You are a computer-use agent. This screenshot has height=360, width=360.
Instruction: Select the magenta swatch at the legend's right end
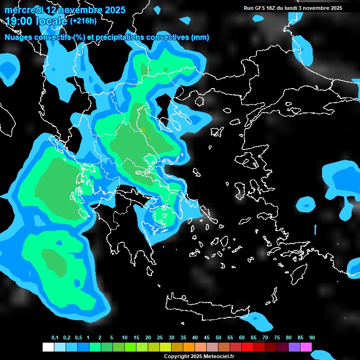point(306,347)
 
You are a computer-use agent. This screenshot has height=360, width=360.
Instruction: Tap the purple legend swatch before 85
point(294,347)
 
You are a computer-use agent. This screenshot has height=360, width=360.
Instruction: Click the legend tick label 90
point(312,338)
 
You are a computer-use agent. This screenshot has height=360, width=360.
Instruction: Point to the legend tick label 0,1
point(55,338)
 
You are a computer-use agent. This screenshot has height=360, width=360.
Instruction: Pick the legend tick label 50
point(218,338)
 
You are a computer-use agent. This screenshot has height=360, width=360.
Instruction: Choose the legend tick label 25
point(160,338)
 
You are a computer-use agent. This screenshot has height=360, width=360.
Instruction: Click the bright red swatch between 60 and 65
point(247,347)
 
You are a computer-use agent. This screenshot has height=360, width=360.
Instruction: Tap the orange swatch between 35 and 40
point(189,347)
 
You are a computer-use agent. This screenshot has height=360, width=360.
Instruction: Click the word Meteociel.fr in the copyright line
point(217,357)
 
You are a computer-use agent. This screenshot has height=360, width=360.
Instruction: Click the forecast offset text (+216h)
point(83,21)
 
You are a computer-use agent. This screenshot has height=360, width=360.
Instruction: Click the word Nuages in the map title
point(18,37)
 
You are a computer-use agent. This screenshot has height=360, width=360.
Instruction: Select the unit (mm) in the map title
point(200,37)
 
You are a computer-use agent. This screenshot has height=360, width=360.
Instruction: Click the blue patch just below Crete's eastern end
point(259,321)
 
